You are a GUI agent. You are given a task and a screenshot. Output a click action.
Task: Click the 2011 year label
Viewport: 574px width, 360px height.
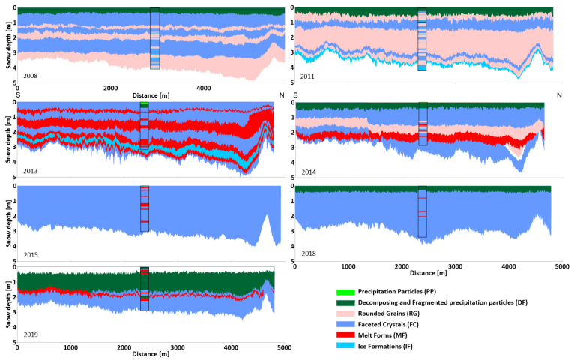(x=306, y=76)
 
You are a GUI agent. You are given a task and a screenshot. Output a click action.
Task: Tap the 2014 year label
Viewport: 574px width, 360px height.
(x=308, y=171)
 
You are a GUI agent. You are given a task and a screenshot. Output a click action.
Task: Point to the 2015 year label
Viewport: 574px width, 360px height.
(x=31, y=254)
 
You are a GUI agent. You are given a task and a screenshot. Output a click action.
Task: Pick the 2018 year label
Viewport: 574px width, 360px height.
(x=308, y=253)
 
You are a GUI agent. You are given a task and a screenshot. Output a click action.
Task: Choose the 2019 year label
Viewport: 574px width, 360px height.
(x=31, y=334)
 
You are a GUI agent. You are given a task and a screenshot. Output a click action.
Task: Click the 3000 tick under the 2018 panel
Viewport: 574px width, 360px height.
(x=455, y=266)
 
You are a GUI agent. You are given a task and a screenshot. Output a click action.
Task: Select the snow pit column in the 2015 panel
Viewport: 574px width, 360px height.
(x=145, y=208)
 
